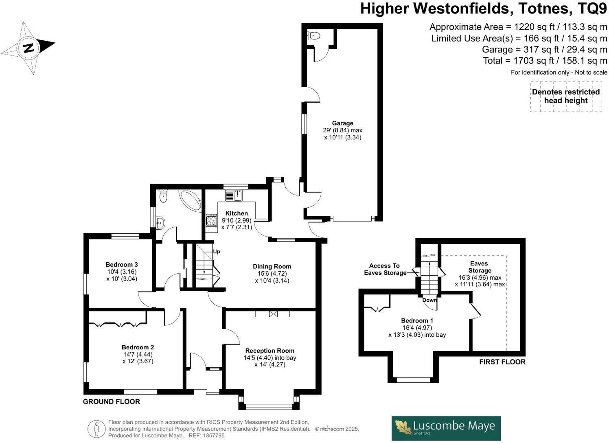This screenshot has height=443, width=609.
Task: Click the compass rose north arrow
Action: coord(28,48)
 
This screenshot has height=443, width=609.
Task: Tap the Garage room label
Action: coord(342,123)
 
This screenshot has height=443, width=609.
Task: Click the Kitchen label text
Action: coord(237,213)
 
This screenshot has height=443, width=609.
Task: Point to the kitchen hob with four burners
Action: coord(212,221)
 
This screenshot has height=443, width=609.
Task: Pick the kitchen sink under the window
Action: coord(234,195)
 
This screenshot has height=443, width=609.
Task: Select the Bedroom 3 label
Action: coord(122,265)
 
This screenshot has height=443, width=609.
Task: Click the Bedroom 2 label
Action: coord(138,347)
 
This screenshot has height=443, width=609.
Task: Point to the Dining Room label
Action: coord(272,267)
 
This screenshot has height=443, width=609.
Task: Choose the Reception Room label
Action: coord(269,351)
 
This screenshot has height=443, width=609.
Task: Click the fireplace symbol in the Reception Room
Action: coord(272,314)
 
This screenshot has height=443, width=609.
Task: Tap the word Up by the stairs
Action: coord(217,252)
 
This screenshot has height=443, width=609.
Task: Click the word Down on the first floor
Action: coord(429,300)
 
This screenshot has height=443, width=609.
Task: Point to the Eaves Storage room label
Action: coord(480,267)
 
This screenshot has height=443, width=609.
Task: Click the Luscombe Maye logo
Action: coord(446,428)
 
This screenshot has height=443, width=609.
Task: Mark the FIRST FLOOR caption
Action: coord(502,362)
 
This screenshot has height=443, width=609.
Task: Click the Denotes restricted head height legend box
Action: coord(566,96)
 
